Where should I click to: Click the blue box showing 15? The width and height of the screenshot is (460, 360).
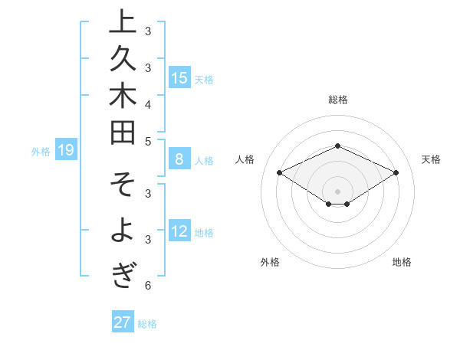click(x=179, y=77)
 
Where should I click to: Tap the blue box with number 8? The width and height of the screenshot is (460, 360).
click(x=179, y=159)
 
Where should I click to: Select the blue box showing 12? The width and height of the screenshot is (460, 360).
click(x=179, y=231)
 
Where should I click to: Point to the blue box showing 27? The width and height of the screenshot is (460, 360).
click(x=122, y=322)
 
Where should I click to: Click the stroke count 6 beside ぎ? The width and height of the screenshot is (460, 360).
click(x=147, y=286)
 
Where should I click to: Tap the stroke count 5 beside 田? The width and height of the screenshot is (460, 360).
click(x=147, y=141)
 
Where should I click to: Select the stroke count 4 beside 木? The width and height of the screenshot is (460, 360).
click(x=147, y=103)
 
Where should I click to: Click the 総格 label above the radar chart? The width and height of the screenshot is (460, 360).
click(x=337, y=100)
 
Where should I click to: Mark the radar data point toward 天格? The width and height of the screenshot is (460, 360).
click(x=396, y=173)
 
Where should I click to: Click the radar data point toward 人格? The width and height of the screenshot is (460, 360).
click(x=280, y=173)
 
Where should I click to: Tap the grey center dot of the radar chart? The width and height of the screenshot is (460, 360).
click(x=337, y=191)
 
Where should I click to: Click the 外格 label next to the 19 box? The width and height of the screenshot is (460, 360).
click(x=41, y=151)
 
